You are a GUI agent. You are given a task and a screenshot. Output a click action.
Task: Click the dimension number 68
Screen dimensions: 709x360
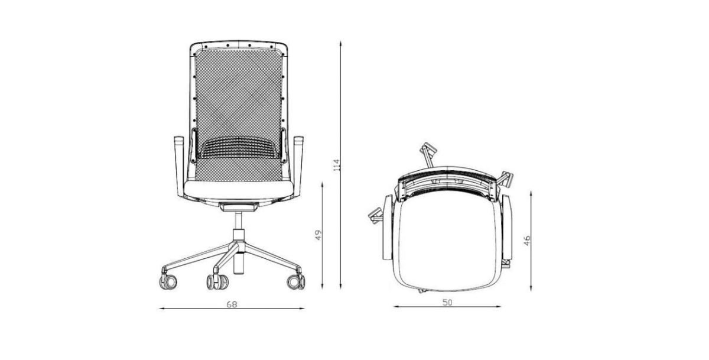tap(232, 304)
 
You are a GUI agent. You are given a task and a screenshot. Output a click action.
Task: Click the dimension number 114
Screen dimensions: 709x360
tap(336, 165)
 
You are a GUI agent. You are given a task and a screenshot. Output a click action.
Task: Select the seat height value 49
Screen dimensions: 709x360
tap(318, 235)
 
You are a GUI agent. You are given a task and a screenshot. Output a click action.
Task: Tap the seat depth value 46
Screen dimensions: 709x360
tap(526, 241)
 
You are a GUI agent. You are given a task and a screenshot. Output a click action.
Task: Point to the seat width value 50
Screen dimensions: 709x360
tap(447, 303)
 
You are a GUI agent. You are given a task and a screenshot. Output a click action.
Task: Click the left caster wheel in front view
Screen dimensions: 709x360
tap(168, 281)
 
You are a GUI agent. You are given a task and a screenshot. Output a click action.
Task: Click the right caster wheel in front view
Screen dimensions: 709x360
tap(296, 281)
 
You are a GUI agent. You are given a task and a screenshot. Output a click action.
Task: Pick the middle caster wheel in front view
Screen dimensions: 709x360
tap(218, 282)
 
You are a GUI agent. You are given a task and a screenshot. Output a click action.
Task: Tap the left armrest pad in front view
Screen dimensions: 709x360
tap(179, 140)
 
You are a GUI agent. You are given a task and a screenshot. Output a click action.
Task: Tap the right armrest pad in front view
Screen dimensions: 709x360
tap(298, 140)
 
